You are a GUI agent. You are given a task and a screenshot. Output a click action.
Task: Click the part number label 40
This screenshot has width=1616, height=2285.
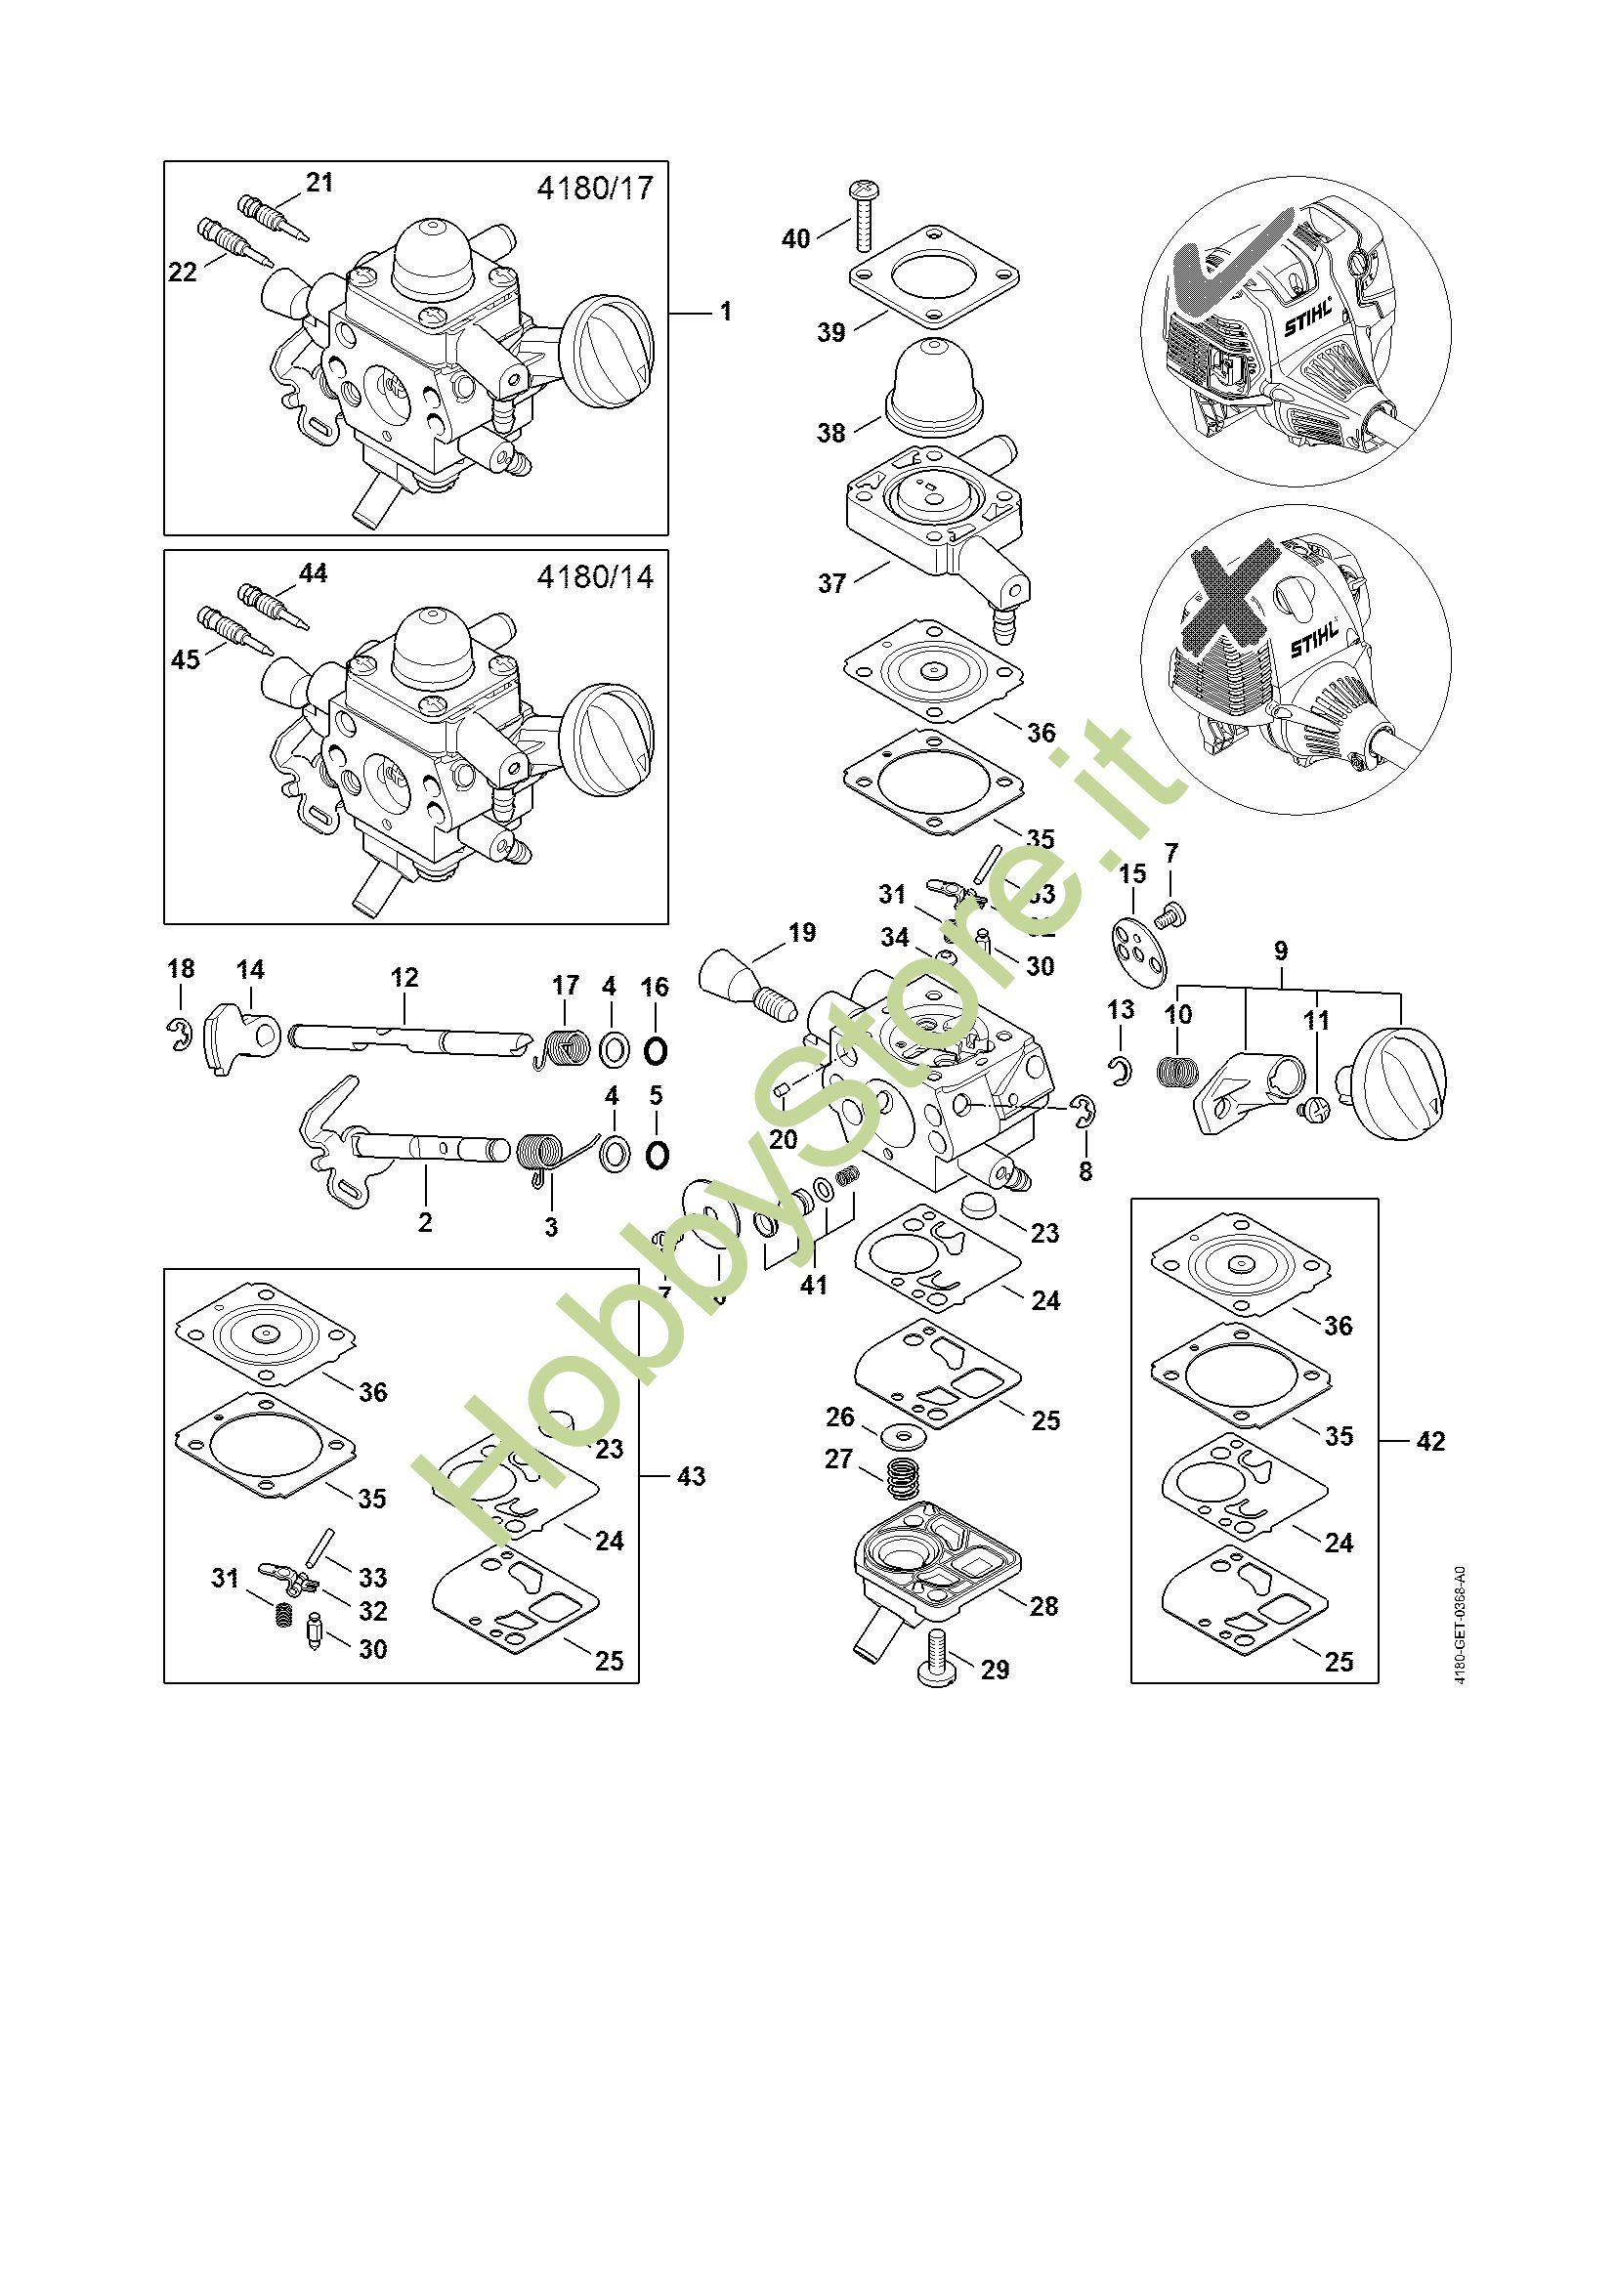(796, 238)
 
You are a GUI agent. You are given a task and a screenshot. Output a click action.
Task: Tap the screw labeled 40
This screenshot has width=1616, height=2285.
(863, 216)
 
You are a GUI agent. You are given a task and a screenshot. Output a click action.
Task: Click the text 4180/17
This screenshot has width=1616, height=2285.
(595, 188)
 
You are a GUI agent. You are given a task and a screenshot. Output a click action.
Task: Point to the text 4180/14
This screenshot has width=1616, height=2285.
(595, 577)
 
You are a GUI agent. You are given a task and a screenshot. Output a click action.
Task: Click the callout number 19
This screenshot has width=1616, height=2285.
(801, 933)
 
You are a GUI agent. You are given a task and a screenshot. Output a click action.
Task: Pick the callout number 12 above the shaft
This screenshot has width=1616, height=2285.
(404, 977)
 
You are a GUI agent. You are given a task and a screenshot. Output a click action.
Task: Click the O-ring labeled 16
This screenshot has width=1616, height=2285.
(655, 1050)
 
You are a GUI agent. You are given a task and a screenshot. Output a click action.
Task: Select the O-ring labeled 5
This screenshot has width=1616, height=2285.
(656, 1155)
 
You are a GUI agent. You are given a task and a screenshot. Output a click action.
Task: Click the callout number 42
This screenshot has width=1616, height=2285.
(1430, 1441)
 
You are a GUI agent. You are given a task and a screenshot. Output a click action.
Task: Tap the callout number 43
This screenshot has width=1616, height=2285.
(691, 1476)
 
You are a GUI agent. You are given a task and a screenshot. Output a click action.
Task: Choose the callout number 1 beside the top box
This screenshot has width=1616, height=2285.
(726, 312)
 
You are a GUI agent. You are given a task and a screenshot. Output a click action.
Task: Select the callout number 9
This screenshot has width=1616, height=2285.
(1281, 951)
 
